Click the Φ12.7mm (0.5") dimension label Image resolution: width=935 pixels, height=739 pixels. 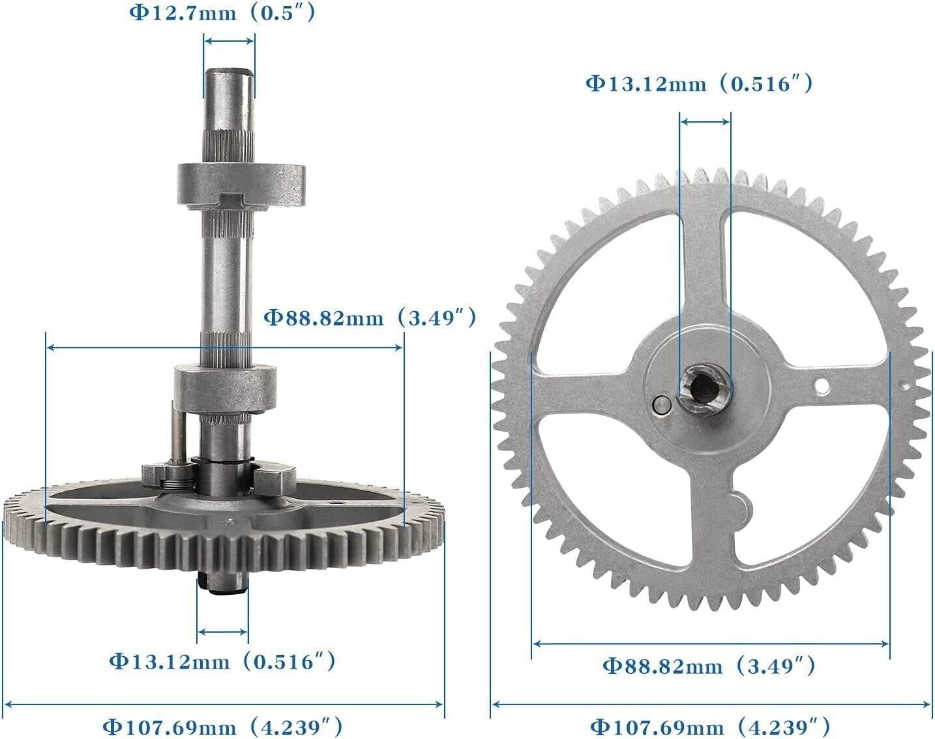click(x=222, y=13)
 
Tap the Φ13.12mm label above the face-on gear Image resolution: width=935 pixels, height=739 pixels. click(x=699, y=83)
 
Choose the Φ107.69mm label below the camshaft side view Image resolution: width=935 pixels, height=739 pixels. click(x=222, y=727)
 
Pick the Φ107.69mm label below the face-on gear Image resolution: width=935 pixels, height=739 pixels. click(x=710, y=727)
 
